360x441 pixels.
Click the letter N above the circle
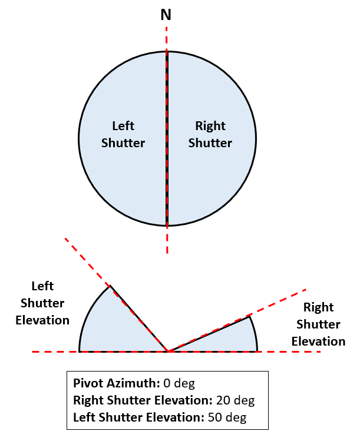pos(167,14)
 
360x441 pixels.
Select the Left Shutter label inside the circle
pos(123,134)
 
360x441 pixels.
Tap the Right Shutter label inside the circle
pos(210,134)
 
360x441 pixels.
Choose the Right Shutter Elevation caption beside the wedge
pos(319,324)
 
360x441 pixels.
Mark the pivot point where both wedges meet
pos(169,352)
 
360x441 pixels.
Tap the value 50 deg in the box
pos(227,418)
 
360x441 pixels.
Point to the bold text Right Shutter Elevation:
pos(142,401)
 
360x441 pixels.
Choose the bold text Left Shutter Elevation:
pos(138,418)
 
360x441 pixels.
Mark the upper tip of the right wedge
pos(251,316)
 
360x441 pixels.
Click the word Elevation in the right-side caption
pos(319,341)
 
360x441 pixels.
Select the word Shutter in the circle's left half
pos(123,143)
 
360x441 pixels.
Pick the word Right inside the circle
pos(210,126)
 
